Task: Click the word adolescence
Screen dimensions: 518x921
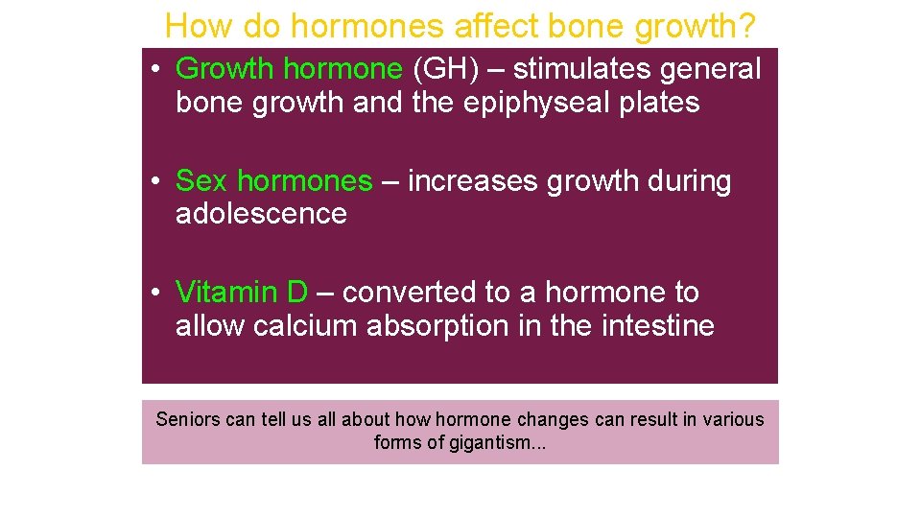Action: click(261, 214)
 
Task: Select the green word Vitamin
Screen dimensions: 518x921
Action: click(229, 292)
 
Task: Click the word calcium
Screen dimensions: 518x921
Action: click(306, 326)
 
